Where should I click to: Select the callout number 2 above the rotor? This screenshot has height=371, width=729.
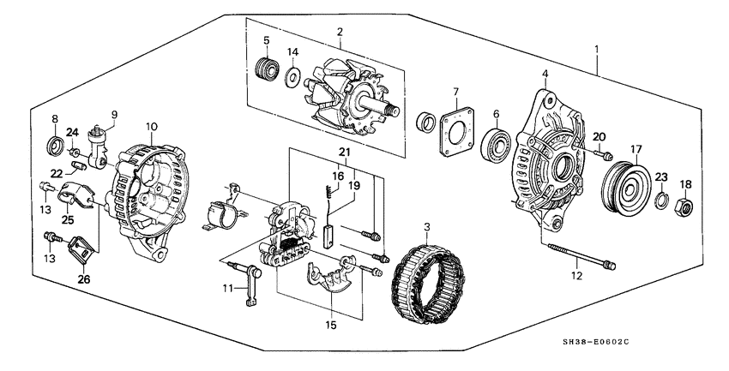point(339,33)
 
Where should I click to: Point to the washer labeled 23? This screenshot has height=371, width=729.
point(660,202)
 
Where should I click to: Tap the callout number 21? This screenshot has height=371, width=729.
point(346,153)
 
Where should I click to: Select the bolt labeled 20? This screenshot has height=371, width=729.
point(604,156)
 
